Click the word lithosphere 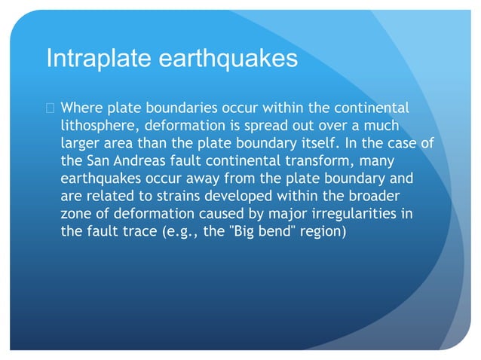coord(98,125)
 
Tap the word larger coord(80,143)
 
